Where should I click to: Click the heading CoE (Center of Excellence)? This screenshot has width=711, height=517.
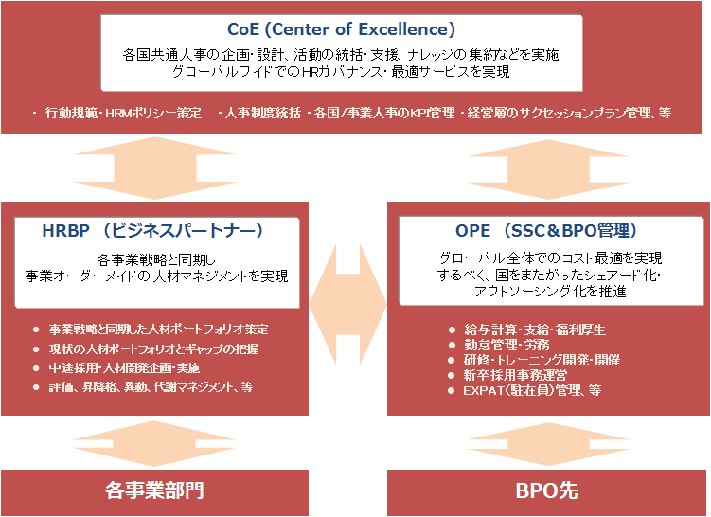[341, 29]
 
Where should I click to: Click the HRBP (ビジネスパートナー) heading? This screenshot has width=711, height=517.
[152, 231]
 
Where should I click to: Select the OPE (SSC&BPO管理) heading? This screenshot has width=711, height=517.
[546, 231]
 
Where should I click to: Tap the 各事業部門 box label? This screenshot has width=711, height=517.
[154, 490]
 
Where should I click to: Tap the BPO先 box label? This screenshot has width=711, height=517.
[547, 490]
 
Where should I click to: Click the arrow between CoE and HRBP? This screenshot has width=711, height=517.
[155, 169]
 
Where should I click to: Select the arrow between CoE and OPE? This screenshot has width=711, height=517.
[548, 169]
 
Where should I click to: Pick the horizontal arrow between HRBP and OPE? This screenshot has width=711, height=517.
[347, 305]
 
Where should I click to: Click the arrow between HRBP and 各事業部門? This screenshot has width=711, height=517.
[154, 443]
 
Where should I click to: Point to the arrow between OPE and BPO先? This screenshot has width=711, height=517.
[548, 444]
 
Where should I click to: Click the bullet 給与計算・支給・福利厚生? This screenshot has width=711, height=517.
[535, 330]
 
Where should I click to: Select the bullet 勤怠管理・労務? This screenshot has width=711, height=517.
[507, 345]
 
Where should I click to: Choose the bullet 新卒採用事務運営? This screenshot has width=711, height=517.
[516, 375]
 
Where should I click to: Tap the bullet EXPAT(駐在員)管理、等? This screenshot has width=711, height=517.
[532, 390]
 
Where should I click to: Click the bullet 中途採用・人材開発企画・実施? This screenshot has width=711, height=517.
[124, 368]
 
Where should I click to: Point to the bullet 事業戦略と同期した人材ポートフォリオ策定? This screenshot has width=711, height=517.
[158, 330]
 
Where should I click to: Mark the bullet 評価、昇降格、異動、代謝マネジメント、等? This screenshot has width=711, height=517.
[151, 387]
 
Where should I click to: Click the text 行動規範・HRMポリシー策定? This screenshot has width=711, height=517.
[123, 113]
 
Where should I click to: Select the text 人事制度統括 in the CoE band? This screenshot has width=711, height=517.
[262, 113]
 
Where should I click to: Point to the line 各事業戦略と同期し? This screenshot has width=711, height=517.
[156, 260]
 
